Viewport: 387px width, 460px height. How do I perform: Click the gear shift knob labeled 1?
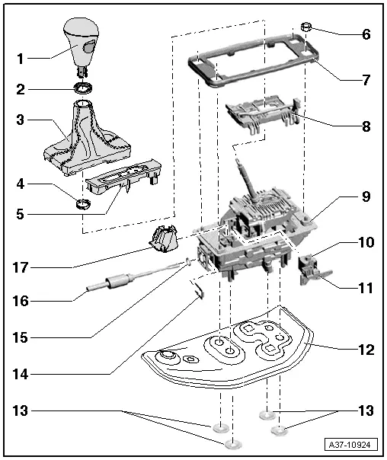pos(83,41)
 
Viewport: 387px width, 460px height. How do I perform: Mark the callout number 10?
pos(366,244)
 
